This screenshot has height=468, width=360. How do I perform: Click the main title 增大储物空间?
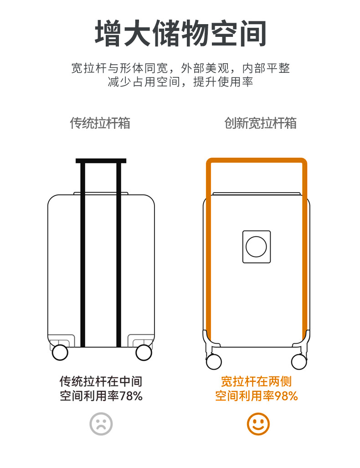pos(180,33)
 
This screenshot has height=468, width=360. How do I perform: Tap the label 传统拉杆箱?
pos(100,123)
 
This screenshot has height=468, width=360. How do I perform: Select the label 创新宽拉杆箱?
pos(260,123)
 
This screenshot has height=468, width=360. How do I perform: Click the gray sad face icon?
pos(101,424)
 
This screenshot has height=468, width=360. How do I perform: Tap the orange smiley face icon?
pos(258,424)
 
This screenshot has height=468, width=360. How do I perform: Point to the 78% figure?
pos(131,396)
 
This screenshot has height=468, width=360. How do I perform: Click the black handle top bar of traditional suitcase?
pos(101,161)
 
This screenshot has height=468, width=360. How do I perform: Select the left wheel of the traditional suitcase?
pos(60,352)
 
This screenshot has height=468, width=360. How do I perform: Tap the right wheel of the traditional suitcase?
pos(144,352)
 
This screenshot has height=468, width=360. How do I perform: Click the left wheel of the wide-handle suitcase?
pos(214,361)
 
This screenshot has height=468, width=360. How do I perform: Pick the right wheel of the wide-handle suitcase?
pos(299,361)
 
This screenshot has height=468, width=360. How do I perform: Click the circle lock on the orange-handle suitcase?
pos(256,246)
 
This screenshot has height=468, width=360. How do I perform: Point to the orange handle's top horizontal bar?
pos(257,161)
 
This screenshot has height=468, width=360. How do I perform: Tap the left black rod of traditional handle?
pos(83,255)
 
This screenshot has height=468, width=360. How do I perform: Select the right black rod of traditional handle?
pos(118,255)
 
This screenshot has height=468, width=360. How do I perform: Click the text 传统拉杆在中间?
pos(101,381)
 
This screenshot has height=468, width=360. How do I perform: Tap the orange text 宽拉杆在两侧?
pos(256,381)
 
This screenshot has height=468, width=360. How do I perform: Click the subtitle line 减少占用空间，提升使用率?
pos(180,82)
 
